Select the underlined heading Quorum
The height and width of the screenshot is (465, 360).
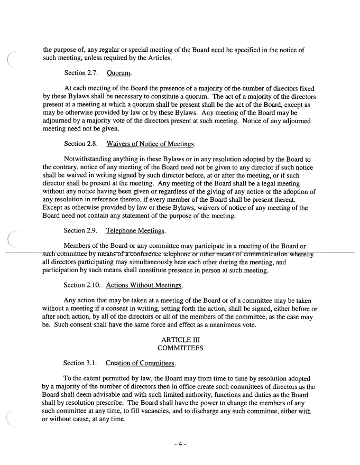(119, 72)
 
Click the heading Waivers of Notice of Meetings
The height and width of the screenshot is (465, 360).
(150, 144)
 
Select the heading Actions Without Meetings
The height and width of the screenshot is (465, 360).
(144, 285)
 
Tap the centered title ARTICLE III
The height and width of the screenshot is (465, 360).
(180, 340)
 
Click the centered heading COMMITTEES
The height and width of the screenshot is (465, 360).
(180, 349)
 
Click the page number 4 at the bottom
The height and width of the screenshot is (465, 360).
(180, 444)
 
